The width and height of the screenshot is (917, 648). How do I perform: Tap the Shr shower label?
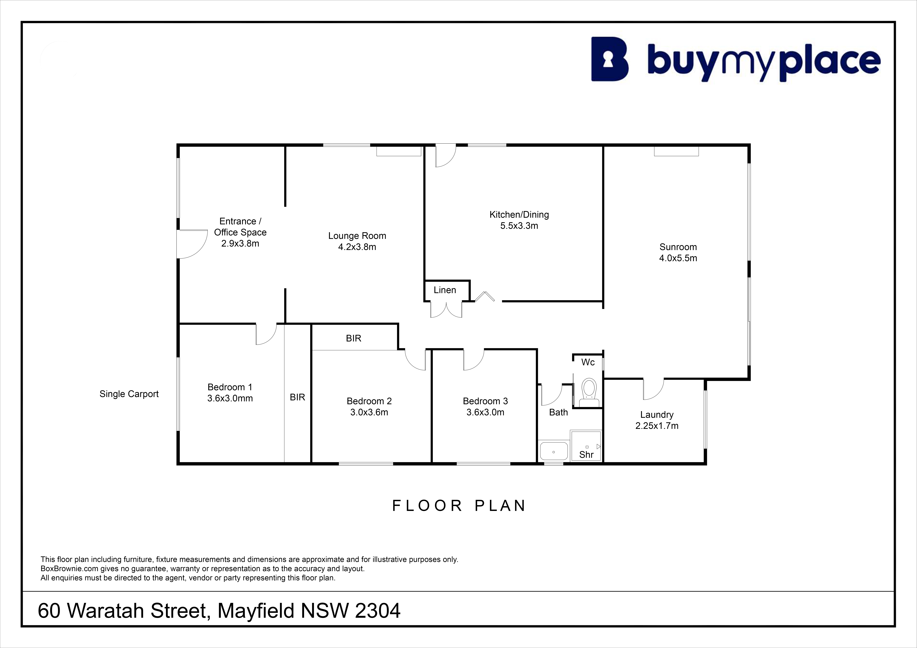586,454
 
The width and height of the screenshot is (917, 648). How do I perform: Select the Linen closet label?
445,290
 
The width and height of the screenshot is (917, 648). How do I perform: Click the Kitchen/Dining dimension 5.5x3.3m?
519,226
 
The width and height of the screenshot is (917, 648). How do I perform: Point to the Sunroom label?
678,247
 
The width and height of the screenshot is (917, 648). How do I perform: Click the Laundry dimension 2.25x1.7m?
657,426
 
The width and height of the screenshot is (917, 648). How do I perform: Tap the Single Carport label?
129,394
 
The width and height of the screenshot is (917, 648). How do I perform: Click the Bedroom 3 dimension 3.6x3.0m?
485,412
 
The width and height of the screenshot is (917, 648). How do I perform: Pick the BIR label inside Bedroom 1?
297,397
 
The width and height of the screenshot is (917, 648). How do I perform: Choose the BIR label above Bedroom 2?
353,339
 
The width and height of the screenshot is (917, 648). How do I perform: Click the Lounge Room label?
357,236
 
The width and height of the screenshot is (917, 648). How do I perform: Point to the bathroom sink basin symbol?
554,451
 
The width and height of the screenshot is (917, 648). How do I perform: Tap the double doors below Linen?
446,309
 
